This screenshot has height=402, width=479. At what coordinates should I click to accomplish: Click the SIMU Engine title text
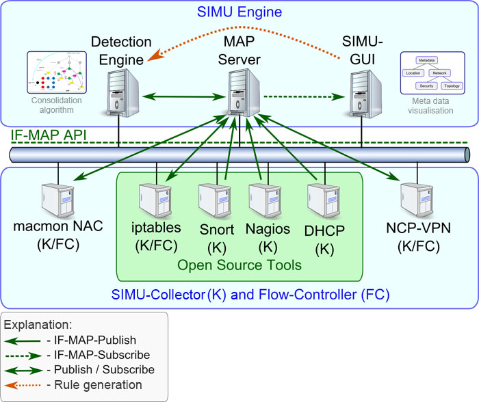click(240, 12)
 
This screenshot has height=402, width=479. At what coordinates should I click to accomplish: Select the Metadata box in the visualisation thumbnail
click(426, 59)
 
